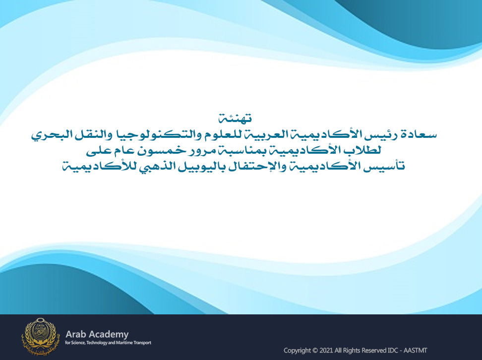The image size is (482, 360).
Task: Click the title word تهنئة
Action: [235, 118]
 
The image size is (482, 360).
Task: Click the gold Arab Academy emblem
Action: [39, 337]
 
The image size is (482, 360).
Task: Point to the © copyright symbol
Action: [315, 351]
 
